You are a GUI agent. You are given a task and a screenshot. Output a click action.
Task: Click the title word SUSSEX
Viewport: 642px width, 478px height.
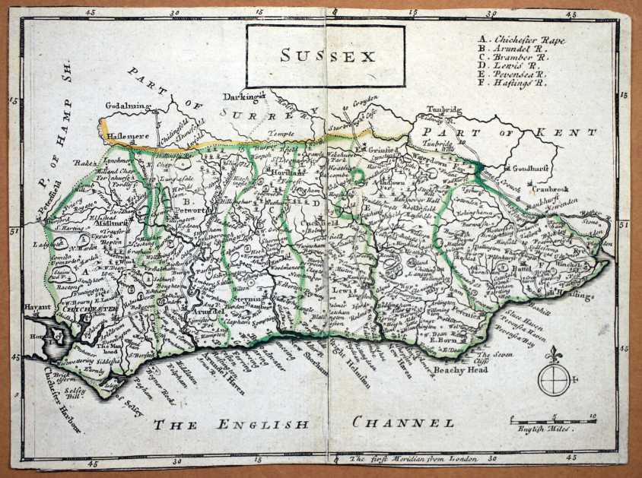pyautogui.click(x=327, y=55)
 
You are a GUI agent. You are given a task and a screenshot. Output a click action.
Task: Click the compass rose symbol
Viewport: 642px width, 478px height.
pyautogui.click(x=553, y=378)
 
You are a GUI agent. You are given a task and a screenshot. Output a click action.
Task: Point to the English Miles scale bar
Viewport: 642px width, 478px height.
pyautogui.click(x=553, y=419)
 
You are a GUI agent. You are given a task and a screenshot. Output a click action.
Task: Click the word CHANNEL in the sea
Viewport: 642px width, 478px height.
pyautogui.click(x=402, y=423)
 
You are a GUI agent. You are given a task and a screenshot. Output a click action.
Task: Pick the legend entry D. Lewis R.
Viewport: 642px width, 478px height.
pyautogui.click(x=507, y=65)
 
